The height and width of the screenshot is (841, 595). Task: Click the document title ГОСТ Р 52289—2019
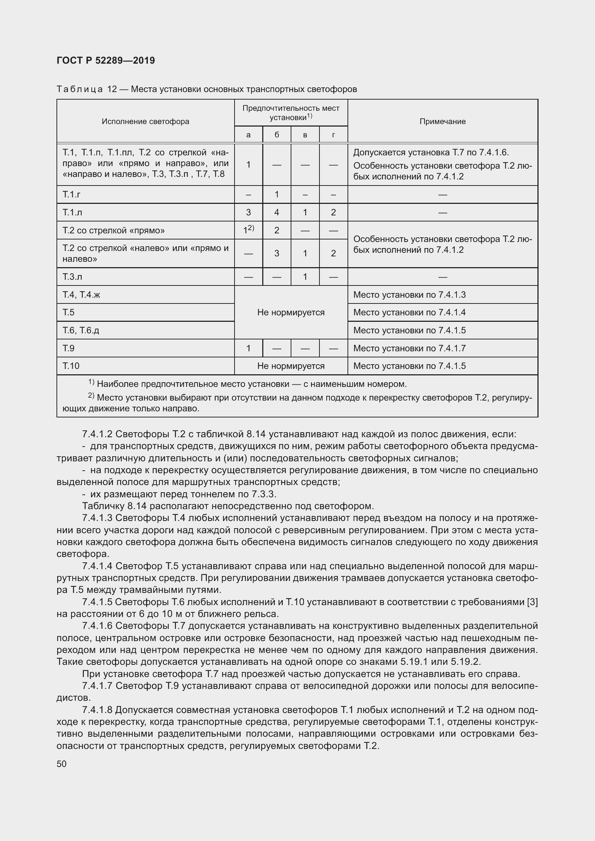coord(106,60)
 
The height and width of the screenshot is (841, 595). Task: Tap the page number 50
coord(62,764)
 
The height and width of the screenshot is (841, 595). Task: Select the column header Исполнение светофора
coord(145,121)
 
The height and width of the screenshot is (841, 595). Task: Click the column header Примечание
coord(442,121)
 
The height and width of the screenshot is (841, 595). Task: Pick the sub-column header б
coord(277,135)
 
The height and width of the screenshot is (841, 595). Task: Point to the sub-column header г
coord(333,135)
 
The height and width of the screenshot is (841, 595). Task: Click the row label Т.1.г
coord(72,195)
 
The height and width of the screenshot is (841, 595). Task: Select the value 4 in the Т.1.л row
coord(277,212)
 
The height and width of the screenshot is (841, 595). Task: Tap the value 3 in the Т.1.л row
coord(249,212)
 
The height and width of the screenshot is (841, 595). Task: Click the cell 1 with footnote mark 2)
coord(249,230)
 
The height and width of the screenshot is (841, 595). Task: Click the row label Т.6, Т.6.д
coord(81,330)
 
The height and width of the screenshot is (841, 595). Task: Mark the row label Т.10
coord(71,366)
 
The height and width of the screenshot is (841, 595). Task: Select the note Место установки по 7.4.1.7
coord(409,348)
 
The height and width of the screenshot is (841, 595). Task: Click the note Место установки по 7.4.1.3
coord(409,295)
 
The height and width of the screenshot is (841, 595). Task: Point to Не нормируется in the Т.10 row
coord(291,366)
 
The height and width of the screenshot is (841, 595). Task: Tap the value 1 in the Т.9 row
coord(249,348)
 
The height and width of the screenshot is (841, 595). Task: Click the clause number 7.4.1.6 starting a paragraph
coord(97,626)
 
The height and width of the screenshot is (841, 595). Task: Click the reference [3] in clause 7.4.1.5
coord(532,602)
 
